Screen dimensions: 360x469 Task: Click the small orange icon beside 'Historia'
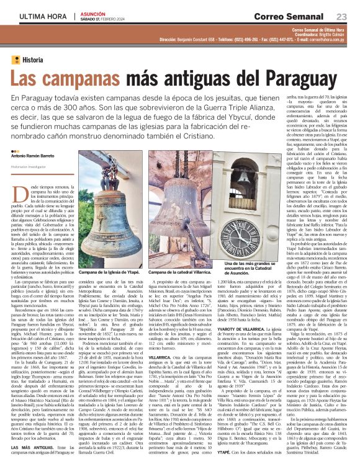click(16, 60)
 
